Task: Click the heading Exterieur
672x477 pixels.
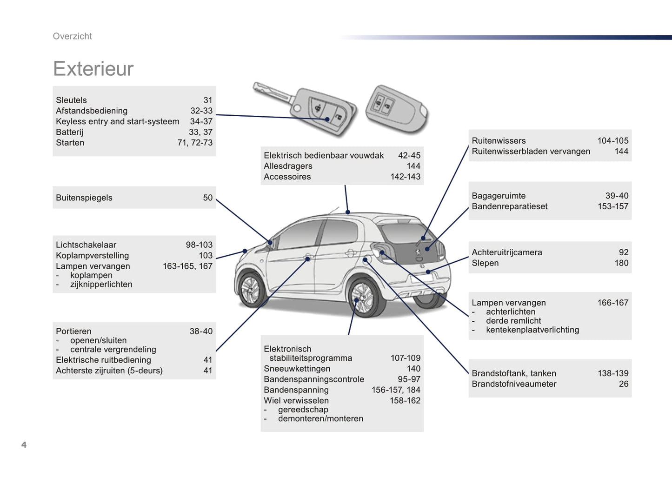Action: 93,69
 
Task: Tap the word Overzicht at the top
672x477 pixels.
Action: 72,36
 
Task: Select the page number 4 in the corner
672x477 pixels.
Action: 24,445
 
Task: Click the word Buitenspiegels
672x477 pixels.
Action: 84,198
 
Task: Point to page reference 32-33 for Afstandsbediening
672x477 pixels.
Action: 201,111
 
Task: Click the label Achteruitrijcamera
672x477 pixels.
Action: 506,252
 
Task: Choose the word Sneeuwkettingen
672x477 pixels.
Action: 297,369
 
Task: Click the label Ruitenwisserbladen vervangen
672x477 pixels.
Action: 531,151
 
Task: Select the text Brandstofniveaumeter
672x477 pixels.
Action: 514,384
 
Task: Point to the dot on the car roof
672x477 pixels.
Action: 348,212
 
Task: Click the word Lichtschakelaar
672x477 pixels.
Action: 86,245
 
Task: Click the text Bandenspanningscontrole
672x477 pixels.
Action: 314,379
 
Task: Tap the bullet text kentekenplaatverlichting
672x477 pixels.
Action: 532,330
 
